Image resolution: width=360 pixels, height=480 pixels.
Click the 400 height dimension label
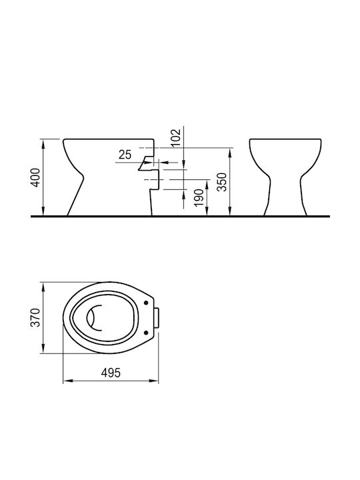36,177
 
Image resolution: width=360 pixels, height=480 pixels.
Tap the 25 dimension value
125,155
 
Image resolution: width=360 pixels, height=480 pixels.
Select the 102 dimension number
177,138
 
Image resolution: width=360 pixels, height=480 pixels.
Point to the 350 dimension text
222,182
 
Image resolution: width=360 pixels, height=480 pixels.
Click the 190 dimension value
199,197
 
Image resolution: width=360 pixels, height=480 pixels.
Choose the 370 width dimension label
36,317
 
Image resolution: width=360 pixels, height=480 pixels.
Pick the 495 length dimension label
111,373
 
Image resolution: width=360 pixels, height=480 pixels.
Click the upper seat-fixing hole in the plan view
146,303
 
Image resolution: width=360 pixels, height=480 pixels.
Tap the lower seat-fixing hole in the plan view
146,333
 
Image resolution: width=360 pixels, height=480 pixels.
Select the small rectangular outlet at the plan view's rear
157,317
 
